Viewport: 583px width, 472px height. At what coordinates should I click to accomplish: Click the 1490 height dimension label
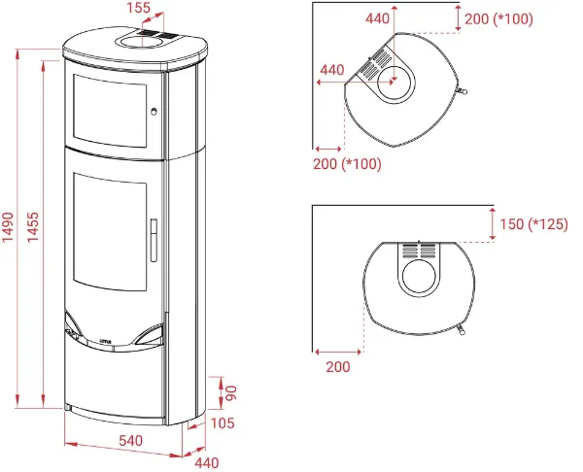pyautogui.click(x=8, y=226)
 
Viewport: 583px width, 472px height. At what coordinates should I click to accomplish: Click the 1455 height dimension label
pyautogui.click(x=33, y=226)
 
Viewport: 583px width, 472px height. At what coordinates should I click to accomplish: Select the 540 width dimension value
pyautogui.click(x=131, y=440)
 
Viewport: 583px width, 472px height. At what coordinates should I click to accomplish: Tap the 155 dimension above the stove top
pyautogui.click(x=138, y=8)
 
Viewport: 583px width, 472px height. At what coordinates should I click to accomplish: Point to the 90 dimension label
pyautogui.click(x=231, y=392)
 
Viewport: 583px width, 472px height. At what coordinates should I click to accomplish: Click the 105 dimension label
pyautogui.click(x=223, y=422)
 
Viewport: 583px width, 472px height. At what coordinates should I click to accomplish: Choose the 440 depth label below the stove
pyautogui.click(x=207, y=462)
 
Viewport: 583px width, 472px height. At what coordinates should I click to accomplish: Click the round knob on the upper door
pyautogui.click(x=154, y=111)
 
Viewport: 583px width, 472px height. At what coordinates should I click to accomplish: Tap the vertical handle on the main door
pyautogui.click(x=154, y=240)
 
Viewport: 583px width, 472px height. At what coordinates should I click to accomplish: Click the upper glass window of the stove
pyautogui.click(x=110, y=111)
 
